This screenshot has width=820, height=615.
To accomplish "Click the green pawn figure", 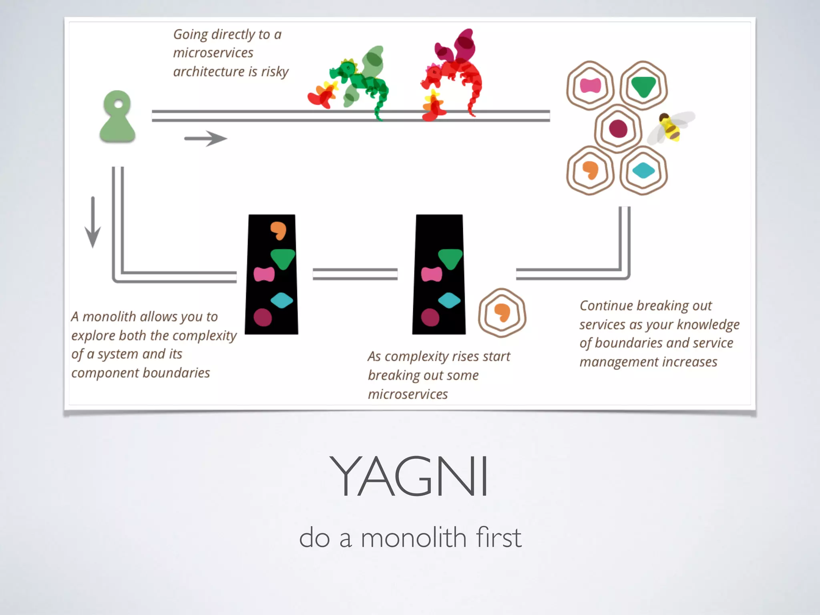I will [x=117, y=118].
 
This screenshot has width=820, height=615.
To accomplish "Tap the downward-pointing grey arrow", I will [x=93, y=222].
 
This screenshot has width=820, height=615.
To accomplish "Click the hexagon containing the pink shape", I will [x=590, y=86].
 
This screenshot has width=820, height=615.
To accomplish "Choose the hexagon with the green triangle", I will [x=643, y=86].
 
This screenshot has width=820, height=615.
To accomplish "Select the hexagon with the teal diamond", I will [x=643, y=171].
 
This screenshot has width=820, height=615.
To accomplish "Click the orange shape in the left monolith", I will [x=278, y=230].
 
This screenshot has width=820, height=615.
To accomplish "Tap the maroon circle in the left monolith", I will [x=263, y=318].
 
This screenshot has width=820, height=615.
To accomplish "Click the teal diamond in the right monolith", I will [x=449, y=300].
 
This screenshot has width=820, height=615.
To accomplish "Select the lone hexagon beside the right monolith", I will [x=502, y=313].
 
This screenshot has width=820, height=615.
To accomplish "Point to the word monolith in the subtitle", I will [x=414, y=538].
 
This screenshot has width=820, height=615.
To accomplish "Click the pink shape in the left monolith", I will [x=264, y=275].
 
